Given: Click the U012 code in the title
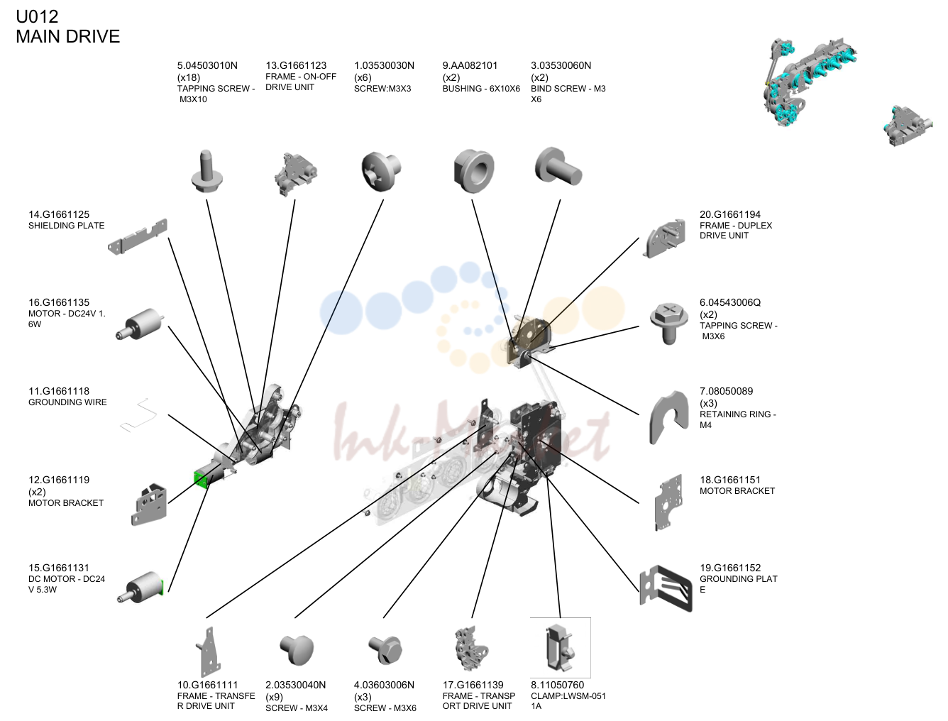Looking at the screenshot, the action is click(x=37, y=16).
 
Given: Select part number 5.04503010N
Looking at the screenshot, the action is click(x=207, y=65).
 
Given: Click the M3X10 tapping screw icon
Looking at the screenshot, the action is click(x=206, y=170).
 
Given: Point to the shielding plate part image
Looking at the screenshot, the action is click(x=138, y=236).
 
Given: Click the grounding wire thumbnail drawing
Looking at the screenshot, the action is click(x=138, y=415).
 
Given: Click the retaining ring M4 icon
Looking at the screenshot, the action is click(x=668, y=417).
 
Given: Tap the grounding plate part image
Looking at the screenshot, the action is click(x=666, y=588).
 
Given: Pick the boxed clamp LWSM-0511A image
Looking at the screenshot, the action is click(x=560, y=648).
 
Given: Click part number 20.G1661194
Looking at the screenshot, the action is click(x=730, y=214).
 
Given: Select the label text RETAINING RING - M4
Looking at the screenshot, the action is click(x=738, y=419).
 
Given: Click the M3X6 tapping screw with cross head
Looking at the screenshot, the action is click(x=669, y=324).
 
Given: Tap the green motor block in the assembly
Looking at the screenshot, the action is click(x=201, y=480).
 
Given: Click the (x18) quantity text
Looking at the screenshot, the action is click(x=188, y=78).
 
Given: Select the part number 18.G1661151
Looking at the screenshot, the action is click(x=730, y=480).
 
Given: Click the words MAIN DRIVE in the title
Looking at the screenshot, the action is click(x=68, y=36).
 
